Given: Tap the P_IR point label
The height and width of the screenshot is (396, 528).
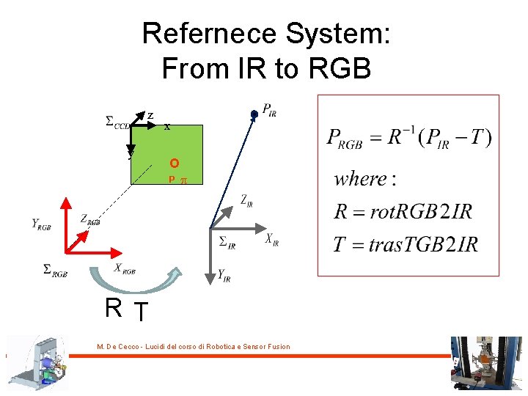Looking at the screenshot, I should tap(269, 111).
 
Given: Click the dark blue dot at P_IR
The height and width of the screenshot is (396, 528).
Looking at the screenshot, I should tap(254, 114).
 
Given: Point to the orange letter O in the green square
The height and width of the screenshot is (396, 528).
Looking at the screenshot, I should tap(173, 163).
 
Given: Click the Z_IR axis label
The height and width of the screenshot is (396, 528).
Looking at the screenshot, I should tap(246, 200).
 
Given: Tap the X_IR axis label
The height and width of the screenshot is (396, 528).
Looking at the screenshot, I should tap(271, 239).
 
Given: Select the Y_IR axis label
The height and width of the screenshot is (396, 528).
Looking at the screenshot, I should tap(224, 276).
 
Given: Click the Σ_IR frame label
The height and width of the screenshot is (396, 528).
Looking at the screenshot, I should tap(227, 241).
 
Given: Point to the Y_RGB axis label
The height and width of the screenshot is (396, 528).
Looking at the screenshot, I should tap(41, 224).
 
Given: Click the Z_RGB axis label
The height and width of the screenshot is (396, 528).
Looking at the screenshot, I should tap(90, 218).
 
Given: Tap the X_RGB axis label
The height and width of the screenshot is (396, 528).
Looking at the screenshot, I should tap(125, 268).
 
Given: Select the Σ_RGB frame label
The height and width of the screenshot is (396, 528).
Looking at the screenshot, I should tap(56, 271).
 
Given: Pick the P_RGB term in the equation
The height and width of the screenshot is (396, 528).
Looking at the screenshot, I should tap(345, 139).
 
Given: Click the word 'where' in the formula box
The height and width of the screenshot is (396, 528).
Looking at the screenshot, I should tap(360, 178).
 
